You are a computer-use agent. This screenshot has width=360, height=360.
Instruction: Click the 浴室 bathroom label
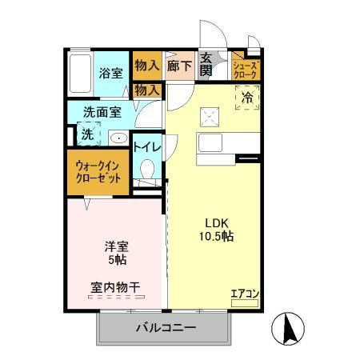pos(110,72)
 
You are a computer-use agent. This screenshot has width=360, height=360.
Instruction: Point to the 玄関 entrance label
pos(206,64)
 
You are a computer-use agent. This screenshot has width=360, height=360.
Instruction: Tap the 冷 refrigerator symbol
pos(246,98)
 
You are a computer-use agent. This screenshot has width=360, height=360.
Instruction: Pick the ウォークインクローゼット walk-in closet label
pos(98,172)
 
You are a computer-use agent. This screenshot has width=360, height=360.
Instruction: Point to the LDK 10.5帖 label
pos(216,230)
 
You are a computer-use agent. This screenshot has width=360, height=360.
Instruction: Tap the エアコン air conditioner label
pos(245,294)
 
